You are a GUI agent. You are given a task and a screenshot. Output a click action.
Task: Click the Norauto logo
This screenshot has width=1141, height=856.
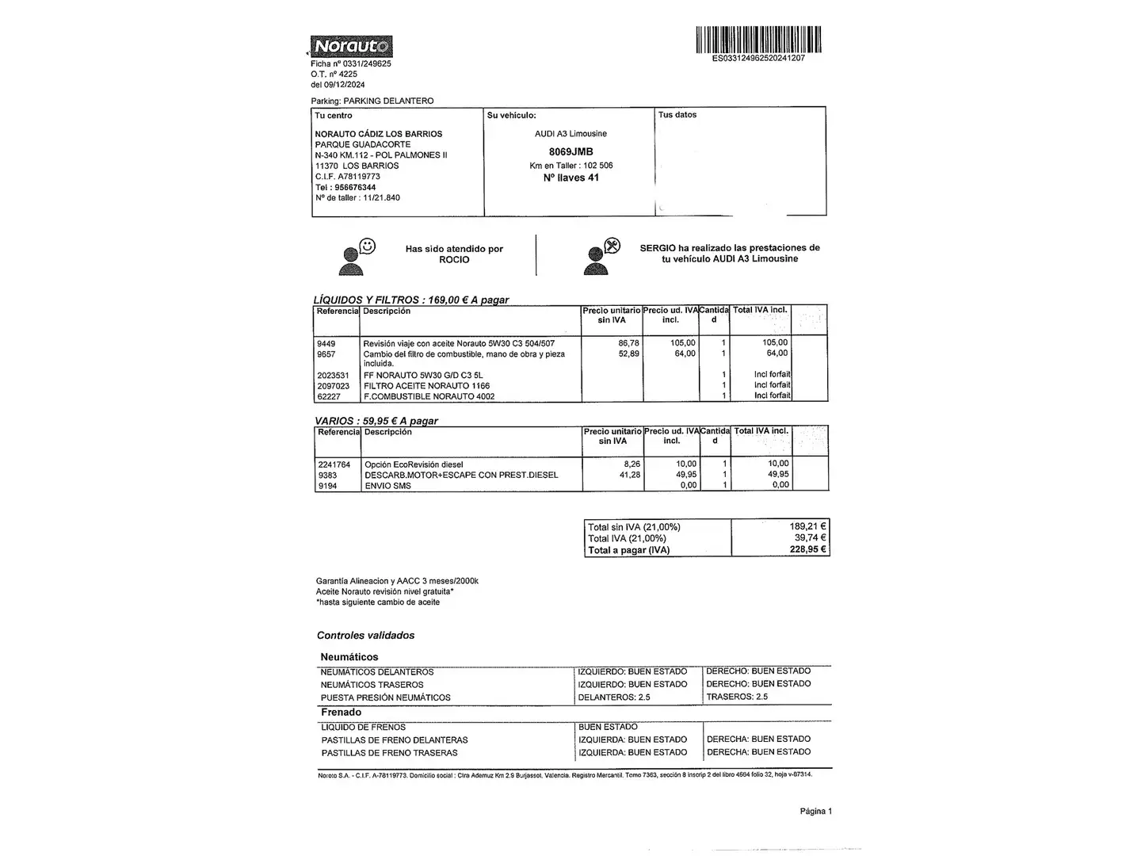point(351,47)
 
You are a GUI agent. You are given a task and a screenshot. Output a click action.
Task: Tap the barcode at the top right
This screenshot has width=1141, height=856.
point(758,40)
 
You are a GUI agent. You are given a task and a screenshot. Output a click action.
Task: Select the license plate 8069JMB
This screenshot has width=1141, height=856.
point(570,151)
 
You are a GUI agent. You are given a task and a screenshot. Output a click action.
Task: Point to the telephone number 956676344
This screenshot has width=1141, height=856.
point(355,187)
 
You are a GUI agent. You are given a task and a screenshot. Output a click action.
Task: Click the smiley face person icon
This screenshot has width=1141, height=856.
point(357,255)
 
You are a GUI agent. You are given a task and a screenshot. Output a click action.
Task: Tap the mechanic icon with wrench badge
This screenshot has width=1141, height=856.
point(601,255)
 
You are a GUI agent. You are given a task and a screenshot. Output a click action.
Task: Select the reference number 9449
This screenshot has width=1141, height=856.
point(326,343)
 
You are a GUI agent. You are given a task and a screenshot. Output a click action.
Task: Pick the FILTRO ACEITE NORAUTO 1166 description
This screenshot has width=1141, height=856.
point(426,386)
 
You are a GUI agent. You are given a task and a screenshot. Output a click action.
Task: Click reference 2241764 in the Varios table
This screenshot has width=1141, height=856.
point(334,464)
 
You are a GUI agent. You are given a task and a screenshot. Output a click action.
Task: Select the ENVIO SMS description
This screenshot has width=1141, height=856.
point(387,486)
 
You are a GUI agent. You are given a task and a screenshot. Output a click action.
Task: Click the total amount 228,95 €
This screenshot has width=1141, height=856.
point(807,549)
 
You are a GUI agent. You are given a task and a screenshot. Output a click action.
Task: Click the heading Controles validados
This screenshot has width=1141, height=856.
point(365,635)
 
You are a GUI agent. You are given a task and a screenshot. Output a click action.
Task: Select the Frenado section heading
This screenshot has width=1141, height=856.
point(341,712)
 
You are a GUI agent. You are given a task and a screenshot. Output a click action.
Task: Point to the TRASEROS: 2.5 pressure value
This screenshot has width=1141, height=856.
point(737,697)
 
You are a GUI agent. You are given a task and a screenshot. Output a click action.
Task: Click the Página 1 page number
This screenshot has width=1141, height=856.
point(815,811)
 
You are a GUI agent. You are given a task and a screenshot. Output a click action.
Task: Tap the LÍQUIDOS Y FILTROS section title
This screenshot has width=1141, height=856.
point(411,300)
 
